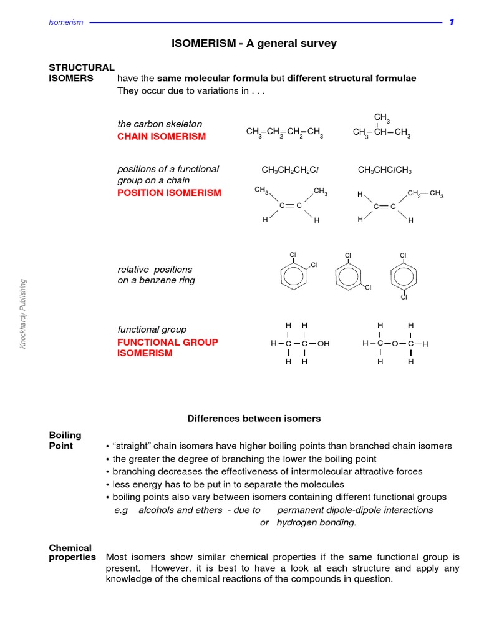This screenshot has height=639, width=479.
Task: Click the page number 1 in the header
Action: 452,22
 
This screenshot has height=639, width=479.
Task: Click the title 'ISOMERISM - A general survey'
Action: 254,44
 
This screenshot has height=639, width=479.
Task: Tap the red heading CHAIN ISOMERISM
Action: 162,136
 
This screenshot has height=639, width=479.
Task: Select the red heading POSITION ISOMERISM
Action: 169,193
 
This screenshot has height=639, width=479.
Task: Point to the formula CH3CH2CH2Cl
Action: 290,170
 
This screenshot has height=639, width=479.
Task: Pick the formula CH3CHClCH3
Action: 385,170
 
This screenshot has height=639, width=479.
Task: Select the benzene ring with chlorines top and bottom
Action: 403,276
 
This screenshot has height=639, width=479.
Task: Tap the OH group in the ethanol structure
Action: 323,344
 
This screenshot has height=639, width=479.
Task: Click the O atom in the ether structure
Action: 395,343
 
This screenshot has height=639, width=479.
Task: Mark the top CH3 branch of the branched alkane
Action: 382,117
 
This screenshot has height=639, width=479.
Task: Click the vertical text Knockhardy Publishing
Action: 23,314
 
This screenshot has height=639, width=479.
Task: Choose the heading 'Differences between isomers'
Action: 254,419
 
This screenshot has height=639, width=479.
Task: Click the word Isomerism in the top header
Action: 66,22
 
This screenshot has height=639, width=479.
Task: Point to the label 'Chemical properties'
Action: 72,553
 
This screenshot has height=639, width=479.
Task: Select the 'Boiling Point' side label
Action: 65,441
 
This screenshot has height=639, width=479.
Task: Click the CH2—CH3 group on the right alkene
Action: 425,194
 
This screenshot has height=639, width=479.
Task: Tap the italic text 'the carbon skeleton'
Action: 160,124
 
